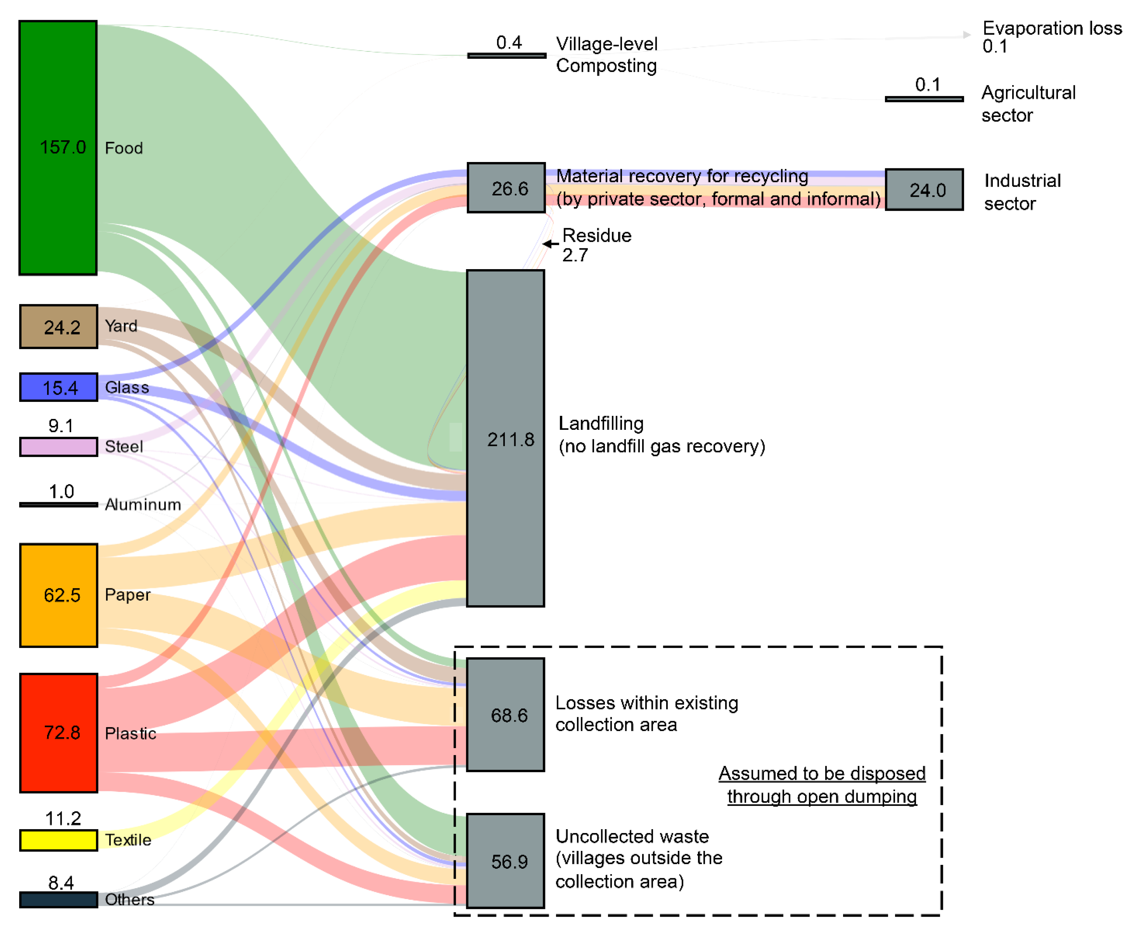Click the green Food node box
pos(58,148)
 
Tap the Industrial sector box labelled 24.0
pos(924,190)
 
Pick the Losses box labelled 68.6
pos(505,714)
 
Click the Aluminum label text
pos(143,505)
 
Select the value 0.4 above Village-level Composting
pos(509,43)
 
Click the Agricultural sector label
pos(1027,104)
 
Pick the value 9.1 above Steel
pos(61,426)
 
